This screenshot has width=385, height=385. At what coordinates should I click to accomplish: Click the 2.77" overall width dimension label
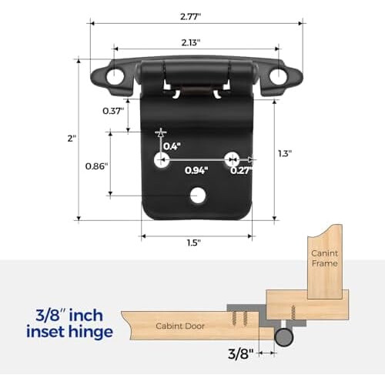(190, 17)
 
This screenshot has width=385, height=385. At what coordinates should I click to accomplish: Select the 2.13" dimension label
(191, 42)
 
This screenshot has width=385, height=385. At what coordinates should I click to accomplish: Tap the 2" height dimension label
(72, 139)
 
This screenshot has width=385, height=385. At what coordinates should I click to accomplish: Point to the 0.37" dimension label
(113, 111)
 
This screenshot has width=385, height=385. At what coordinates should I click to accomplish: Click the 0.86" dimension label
(96, 166)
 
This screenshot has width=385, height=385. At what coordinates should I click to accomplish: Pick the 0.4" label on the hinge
(172, 146)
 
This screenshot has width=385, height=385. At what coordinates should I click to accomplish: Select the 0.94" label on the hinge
(196, 170)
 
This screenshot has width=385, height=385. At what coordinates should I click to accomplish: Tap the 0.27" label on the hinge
(241, 170)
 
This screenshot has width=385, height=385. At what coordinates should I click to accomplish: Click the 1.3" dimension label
(285, 154)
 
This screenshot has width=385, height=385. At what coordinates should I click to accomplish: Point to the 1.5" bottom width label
(193, 243)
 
